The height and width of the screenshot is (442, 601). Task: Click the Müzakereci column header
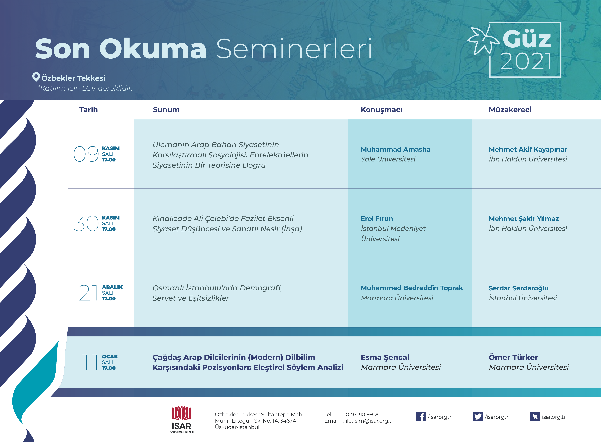(510, 110)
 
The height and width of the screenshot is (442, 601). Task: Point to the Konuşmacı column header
(381, 110)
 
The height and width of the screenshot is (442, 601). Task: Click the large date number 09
(86, 154)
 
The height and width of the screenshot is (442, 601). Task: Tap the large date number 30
(86, 223)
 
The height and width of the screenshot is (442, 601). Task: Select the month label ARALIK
(112, 287)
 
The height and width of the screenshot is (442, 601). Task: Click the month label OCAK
(110, 357)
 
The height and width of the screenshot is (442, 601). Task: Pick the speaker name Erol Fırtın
(377, 219)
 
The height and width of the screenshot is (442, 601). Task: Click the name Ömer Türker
(513, 357)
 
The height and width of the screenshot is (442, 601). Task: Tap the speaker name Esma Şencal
(385, 357)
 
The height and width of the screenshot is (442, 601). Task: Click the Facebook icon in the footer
(421, 417)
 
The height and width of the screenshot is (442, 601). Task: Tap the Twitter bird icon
(478, 417)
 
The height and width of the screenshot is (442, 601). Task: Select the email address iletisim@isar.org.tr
(369, 421)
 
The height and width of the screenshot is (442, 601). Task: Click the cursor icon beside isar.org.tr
(535, 417)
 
